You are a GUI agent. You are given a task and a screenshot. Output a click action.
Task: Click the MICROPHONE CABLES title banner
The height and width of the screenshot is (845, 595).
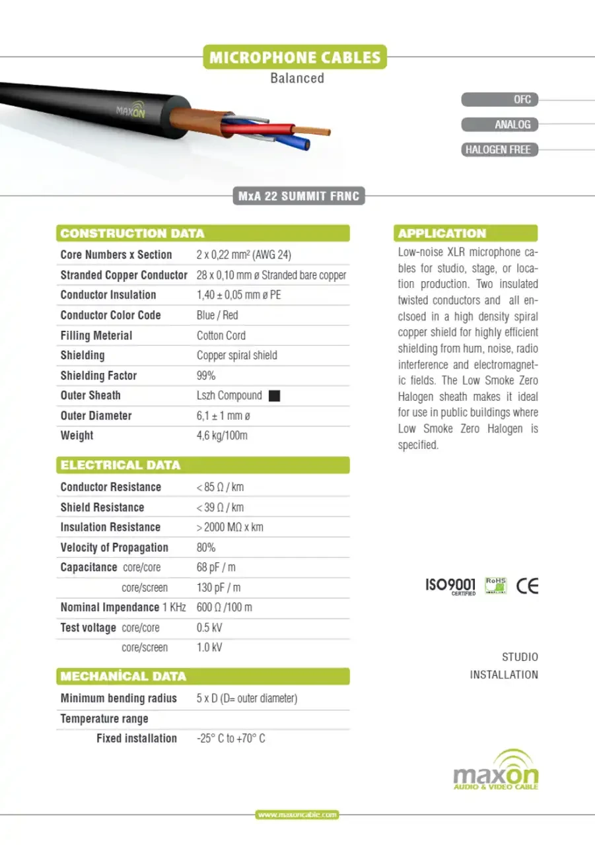click(295, 57)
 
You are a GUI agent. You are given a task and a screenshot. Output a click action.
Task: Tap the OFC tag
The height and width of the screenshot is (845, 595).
click(499, 100)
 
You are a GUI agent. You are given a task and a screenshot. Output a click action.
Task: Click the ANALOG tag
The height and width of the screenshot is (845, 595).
click(499, 125)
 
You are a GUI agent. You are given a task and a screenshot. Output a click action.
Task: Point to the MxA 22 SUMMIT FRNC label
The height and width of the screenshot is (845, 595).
click(299, 196)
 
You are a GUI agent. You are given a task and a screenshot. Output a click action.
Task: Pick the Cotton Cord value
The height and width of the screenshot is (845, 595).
click(221, 335)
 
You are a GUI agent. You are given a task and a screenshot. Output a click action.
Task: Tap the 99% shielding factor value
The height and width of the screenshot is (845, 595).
click(206, 376)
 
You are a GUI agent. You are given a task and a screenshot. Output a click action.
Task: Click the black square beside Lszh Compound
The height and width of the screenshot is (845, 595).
click(275, 396)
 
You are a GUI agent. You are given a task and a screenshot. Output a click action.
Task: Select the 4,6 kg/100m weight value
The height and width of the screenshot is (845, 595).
click(222, 436)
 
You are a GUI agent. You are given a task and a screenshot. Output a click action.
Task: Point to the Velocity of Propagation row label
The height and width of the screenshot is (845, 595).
click(114, 547)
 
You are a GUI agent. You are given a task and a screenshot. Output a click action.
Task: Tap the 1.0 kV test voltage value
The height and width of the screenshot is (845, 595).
click(209, 648)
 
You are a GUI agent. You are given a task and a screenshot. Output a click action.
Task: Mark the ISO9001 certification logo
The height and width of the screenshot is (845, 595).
click(450, 586)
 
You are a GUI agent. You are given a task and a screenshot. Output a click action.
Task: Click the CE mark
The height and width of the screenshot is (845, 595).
click(527, 586)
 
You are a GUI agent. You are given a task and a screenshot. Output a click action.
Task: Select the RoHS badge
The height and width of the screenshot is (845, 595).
click(495, 586)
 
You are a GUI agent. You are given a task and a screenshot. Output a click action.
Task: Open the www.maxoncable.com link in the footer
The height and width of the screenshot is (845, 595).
click(297, 815)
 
